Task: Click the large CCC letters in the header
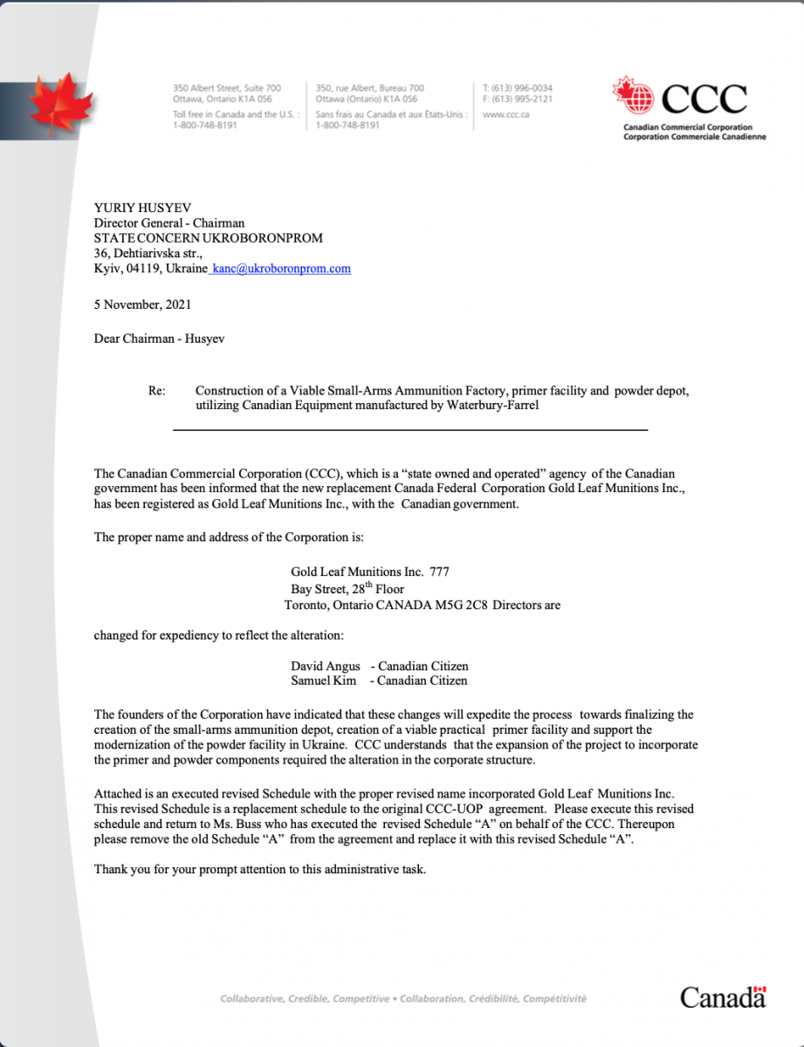[x=704, y=100]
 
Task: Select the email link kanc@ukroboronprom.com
[x=281, y=269]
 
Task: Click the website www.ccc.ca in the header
[x=505, y=113]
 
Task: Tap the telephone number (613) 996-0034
[x=523, y=88]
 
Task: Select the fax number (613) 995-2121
[x=523, y=99]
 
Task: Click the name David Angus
[x=326, y=667]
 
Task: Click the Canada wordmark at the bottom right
[x=723, y=996]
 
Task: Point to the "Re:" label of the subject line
[x=157, y=391]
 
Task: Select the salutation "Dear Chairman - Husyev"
[x=159, y=339]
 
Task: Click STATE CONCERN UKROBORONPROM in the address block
[x=209, y=237]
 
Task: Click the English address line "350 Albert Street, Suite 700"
[x=227, y=88]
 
